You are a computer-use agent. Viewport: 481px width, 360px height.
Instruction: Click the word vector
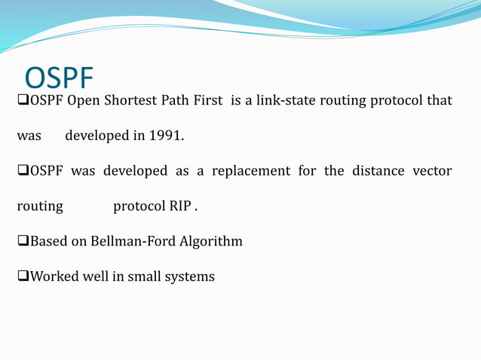[432, 171]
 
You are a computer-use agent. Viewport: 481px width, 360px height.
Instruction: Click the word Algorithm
[215, 242]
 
